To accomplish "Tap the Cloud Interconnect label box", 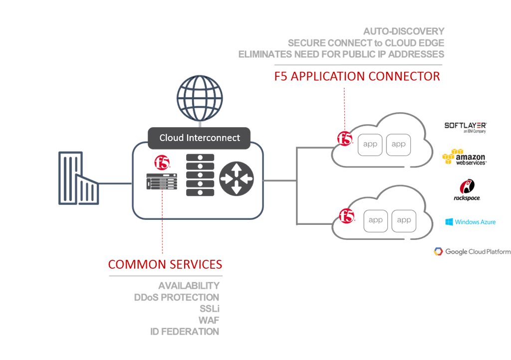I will tap(199, 138).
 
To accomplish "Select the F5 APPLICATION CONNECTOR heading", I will tap(357, 76).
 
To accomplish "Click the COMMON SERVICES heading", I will tap(165, 264).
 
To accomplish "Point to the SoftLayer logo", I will tap(465, 127).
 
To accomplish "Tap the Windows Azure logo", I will tap(470, 222).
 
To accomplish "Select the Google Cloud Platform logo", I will tap(472, 252).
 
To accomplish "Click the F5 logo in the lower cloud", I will tap(347, 216).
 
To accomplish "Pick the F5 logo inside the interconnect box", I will tap(162, 163).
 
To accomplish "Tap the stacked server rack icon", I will tap(200, 175).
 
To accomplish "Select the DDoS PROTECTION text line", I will tap(177, 297).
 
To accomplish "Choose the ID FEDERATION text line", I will tap(185, 332).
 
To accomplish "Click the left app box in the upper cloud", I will tap(370, 145).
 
